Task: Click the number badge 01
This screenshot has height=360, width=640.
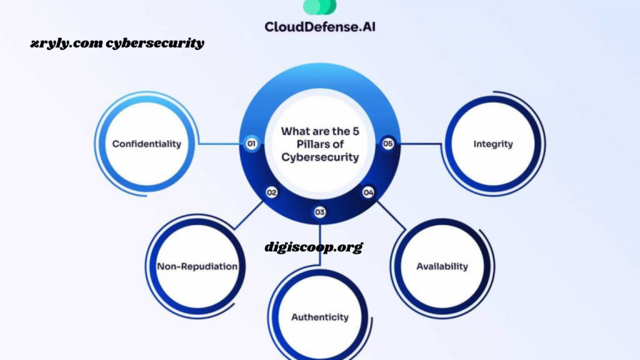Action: coord(251,144)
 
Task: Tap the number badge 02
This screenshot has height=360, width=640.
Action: coord(272,192)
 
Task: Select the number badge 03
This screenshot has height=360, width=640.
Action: coord(319,212)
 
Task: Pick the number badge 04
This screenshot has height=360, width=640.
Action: coord(368,192)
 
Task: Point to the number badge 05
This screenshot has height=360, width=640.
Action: coord(387,144)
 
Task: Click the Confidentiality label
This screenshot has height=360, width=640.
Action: coord(146,144)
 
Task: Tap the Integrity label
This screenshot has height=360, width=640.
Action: coord(493,144)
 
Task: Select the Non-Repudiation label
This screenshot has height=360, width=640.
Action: coord(197,266)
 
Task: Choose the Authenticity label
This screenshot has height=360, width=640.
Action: coord(320,317)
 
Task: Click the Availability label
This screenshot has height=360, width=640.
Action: coord(442,266)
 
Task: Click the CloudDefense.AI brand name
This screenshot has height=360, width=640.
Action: coord(320,27)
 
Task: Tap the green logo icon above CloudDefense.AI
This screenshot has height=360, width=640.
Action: coord(320,7)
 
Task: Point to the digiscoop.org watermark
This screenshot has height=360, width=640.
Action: coord(314,247)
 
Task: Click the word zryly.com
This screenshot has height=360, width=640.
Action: coord(66,43)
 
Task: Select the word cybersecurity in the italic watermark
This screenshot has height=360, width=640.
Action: coord(155,43)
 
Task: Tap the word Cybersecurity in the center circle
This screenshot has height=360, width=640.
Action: coord(320,157)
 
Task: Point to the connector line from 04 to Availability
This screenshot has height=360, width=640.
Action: coord(391,215)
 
